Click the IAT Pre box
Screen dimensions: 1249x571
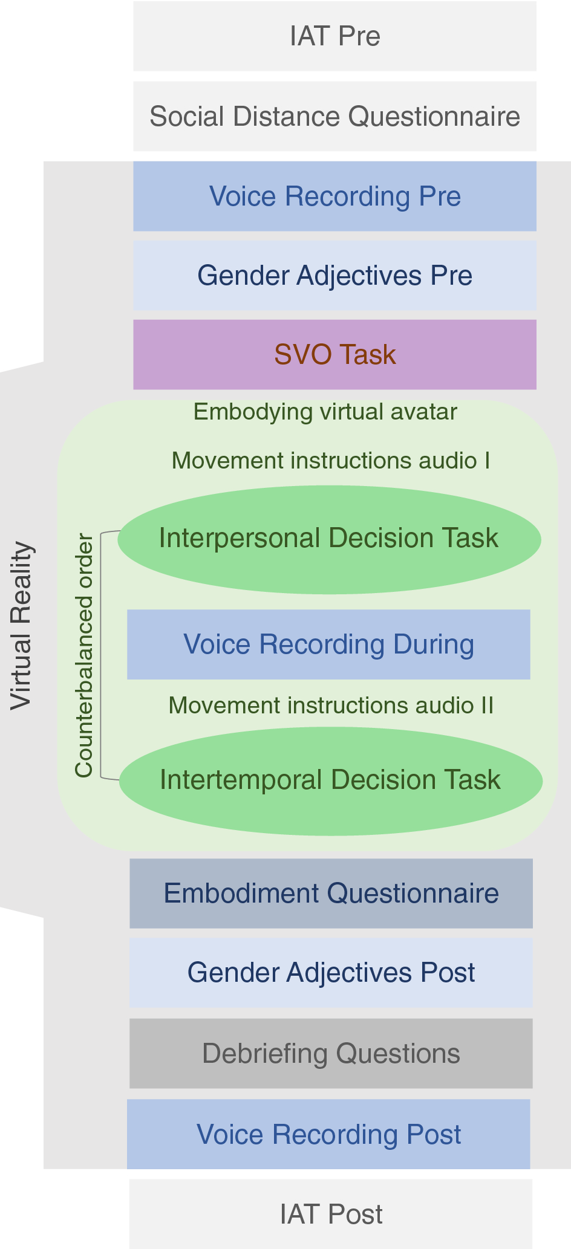point(334,36)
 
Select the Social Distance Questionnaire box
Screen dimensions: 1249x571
point(334,116)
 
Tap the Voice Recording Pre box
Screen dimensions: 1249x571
point(334,196)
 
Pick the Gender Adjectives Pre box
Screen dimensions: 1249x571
point(334,276)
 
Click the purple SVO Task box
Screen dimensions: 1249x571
point(334,355)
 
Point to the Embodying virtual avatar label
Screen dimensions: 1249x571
point(325,412)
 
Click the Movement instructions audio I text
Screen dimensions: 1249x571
point(331,461)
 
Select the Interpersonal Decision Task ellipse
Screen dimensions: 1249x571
point(329,539)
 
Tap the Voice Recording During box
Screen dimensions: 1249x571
point(328,644)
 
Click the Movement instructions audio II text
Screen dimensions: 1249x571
point(331,706)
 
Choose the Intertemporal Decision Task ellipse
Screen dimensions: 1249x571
point(330,781)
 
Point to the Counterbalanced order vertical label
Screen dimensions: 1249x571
point(84,655)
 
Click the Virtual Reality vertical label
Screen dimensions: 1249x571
point(21,625)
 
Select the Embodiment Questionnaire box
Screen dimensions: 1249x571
point(331,894)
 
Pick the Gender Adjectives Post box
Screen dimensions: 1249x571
point(331,973)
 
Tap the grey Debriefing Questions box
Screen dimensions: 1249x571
point(331,1054)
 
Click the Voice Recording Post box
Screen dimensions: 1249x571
point(328,1134)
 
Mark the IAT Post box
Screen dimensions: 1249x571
point(331,1215)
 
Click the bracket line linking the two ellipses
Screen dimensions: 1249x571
point(101,655)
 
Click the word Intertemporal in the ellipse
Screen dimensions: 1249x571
point(229,780)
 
